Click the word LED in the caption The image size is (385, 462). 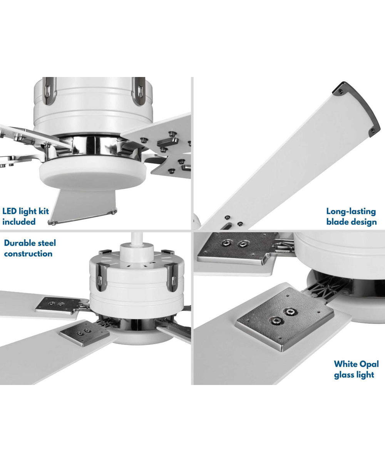tap(10, 211)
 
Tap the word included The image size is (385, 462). tap(19, 222)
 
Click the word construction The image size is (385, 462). tap(28, 254)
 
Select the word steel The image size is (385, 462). tap(46, 243)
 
